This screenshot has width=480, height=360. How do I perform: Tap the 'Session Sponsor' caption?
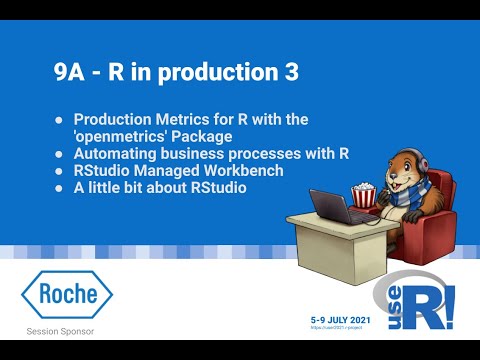pos(67,331)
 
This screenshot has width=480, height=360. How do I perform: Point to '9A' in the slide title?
pos(71,73)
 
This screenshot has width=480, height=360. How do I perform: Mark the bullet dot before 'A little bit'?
pos(59,187)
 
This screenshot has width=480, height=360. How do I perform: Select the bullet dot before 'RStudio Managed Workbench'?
pos(59,170)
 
